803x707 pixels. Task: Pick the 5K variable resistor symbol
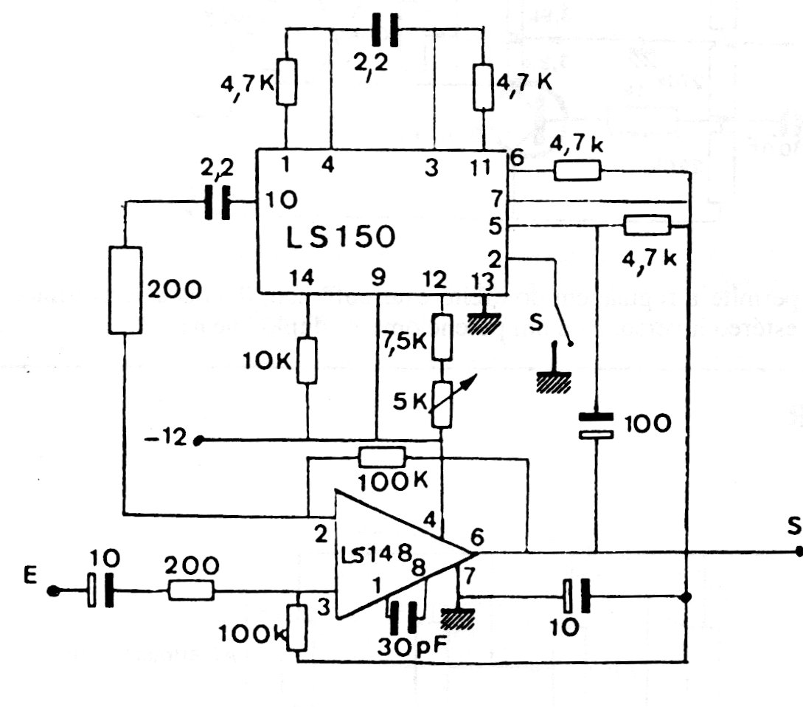[442, 404]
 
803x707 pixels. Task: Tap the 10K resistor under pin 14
[307, 361]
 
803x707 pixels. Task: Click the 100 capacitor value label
[647, 424]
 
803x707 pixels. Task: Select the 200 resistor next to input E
[192, 590]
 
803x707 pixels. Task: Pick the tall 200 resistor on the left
[124, 289]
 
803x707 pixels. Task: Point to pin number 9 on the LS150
[378, 278]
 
